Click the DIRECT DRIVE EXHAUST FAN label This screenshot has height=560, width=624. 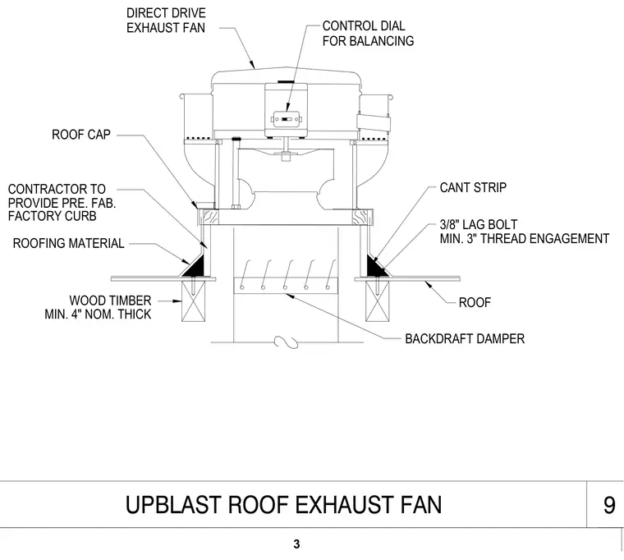click(x=166, y=21)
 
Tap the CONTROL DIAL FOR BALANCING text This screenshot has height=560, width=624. click(x=368, y=34)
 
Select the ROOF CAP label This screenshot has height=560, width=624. click(x=81, y=135)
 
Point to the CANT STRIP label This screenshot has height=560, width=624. click(x=473, y=187)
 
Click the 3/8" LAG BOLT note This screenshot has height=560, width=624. click(x=525, y=232)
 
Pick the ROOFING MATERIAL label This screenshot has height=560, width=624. click(x=68, y=243)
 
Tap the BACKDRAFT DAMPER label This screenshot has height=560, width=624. click(x=465, y=338)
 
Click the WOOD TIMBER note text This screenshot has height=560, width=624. click(x=98, y=307)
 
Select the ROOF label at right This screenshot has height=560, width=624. click(x=475, y=302)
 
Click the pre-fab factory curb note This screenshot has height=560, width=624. click(x=62, y=203)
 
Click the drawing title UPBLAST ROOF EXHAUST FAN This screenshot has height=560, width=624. click(x=283, y=505)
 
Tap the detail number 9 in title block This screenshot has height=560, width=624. click(x=609, y=505)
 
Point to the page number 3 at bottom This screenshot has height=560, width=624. click(x=296, y=544)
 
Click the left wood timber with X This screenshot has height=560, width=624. click(x=194, y=301)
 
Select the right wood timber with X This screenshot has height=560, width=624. click(x=377, y=301)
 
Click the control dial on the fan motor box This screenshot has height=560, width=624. click(x=287, y=119)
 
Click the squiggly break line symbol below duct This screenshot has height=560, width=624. click(x=286, y=342)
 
